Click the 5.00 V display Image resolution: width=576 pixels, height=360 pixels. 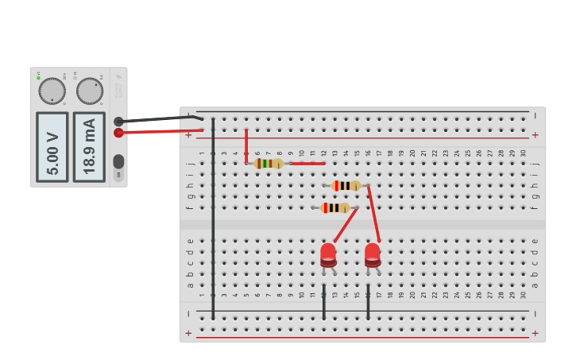(52, 147)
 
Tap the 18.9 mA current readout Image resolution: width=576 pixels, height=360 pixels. (89, 147)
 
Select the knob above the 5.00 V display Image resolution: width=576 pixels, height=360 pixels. (52, 91)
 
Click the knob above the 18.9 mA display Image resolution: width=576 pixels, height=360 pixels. (90, 91)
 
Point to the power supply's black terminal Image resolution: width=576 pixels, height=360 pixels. (118, 122)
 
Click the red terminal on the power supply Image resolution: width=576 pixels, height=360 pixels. (118, 133)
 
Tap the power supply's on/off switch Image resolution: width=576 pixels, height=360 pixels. (118, 161)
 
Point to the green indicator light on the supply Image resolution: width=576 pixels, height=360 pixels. (38, 77)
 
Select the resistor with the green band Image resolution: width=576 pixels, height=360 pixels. (269, 163)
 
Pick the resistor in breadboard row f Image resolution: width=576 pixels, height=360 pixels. (335, 207)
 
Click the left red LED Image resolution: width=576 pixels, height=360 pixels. (328, 254)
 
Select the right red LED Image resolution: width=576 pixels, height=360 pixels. (373, 254)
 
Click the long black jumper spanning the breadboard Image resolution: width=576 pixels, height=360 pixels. (213, 223)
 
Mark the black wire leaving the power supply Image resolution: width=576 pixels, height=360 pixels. (159, 119)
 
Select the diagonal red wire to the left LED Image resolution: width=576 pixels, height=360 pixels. (346, 225)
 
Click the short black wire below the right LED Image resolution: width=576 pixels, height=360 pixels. (368, 302)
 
